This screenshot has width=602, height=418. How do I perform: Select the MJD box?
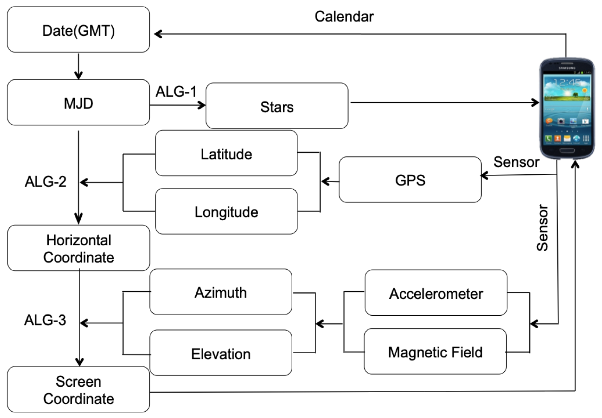pos(79,103)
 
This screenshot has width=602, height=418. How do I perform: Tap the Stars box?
pos(277,106)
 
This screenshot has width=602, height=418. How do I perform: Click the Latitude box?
pos(226,153)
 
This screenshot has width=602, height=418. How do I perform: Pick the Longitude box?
pos(226,212)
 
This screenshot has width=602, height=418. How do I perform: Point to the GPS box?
pos(410,180)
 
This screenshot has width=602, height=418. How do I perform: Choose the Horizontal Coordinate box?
pos(79,248)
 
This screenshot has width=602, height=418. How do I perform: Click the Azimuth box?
pos(221,292)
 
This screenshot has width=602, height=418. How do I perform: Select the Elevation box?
pos(221,353)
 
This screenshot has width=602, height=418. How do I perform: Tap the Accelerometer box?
pos(436,293)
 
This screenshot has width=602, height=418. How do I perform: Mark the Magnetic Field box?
pos(435,352)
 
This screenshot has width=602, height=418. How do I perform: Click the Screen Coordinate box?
pos(79,389)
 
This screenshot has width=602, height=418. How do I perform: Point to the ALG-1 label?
pos(176,92)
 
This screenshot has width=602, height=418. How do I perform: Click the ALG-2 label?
pos(46,181)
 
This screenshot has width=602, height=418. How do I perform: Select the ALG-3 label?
pos(45,320)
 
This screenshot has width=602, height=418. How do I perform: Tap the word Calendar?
pos(344,16)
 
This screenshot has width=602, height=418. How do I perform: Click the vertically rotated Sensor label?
pos(542,228)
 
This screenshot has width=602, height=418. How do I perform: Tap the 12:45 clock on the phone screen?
pos(567,82)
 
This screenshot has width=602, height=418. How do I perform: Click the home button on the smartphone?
pos(567,150)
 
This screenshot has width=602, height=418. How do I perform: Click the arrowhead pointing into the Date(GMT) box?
pos(158,34)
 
